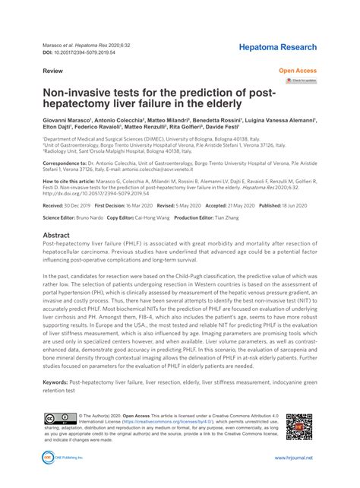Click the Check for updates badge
(300, 80)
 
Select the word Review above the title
(52, 70)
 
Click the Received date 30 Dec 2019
(79, 206)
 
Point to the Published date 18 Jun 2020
(286, 206)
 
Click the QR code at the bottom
(299, 428)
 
